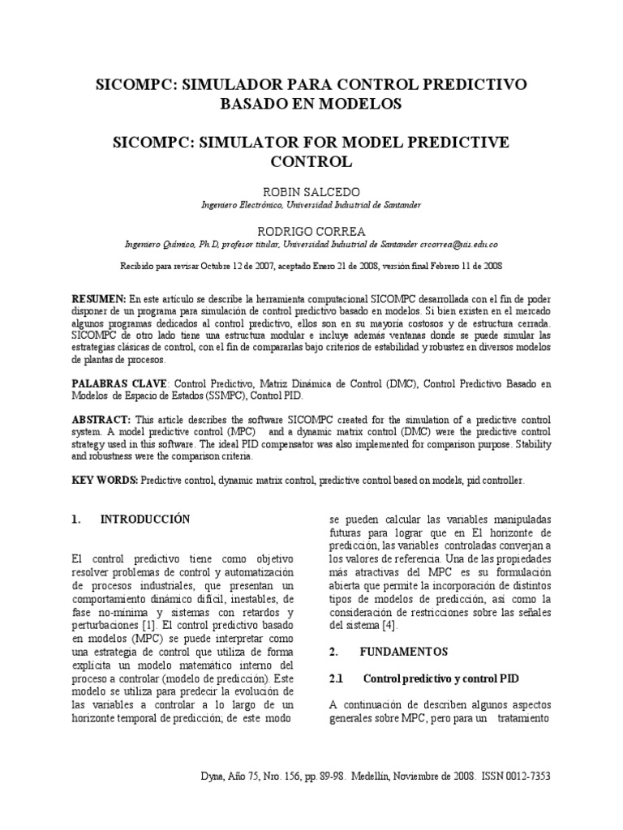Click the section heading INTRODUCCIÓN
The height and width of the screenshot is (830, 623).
click(x=144, y=520)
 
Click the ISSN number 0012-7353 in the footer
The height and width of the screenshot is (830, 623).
click(x=526, y=776)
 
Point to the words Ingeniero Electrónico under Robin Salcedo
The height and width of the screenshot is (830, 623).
click(x=242, y=205)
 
